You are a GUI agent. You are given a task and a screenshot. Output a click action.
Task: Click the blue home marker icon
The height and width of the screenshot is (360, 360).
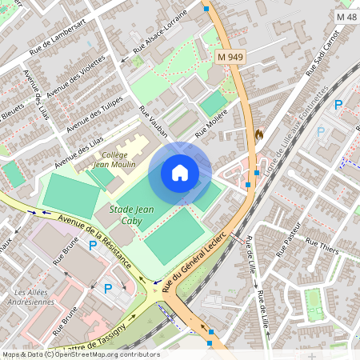tap(180, 173)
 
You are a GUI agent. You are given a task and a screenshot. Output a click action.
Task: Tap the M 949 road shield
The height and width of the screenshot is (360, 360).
tap(230, 56)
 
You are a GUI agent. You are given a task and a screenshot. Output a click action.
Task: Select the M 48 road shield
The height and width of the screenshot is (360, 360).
tap(346, 16)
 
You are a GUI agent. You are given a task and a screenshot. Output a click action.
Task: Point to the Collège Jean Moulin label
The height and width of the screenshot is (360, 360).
tap(114, 159)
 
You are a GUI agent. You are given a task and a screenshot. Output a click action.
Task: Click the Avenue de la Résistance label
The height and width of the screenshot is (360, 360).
tap(94, 243)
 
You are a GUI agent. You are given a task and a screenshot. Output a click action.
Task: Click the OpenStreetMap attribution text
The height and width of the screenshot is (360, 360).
tap(80, 354)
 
